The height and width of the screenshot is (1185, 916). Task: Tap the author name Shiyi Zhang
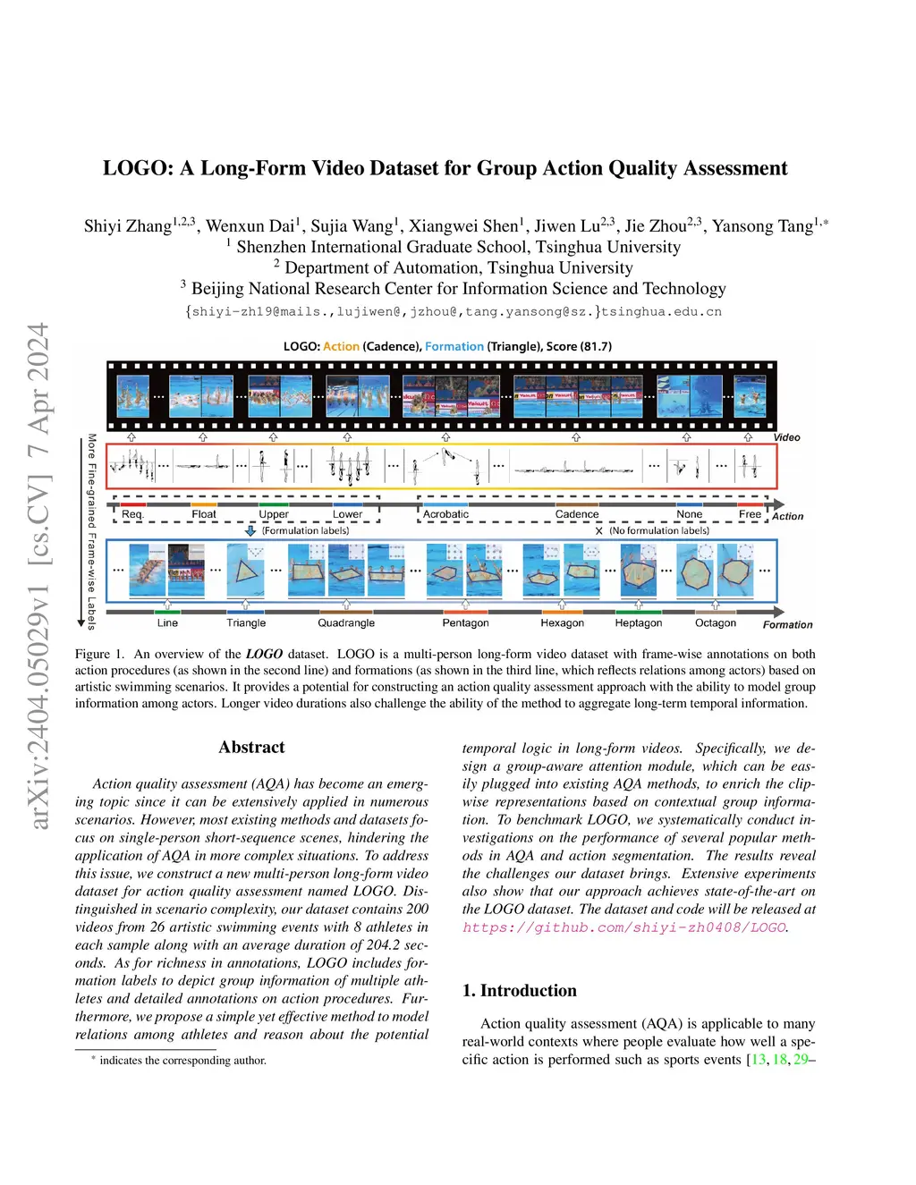pos(127,226)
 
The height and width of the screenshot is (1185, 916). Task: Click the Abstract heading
pos(251,748)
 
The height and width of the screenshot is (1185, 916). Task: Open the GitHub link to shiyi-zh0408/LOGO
pos(624,927)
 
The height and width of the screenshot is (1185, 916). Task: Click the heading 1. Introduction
pos(519,991)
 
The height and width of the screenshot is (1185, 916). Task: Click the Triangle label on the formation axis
pos(246,623)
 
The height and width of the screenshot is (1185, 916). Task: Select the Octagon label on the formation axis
pos(716,623)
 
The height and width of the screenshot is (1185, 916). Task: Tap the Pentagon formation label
pos(465,623)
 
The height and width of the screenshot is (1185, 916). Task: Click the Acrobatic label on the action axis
pos(445,514)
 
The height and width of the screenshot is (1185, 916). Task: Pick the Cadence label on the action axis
pos(577,514)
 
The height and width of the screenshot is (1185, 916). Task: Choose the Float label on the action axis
pos(204,514)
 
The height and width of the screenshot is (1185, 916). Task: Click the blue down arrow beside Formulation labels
pos(250,530)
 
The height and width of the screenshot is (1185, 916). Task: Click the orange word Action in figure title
pos(341,347)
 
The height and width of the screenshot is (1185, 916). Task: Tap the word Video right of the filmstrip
pos(786,437)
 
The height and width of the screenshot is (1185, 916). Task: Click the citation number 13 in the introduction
pos(759,1060)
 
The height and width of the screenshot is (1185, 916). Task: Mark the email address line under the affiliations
pos(453,312)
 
